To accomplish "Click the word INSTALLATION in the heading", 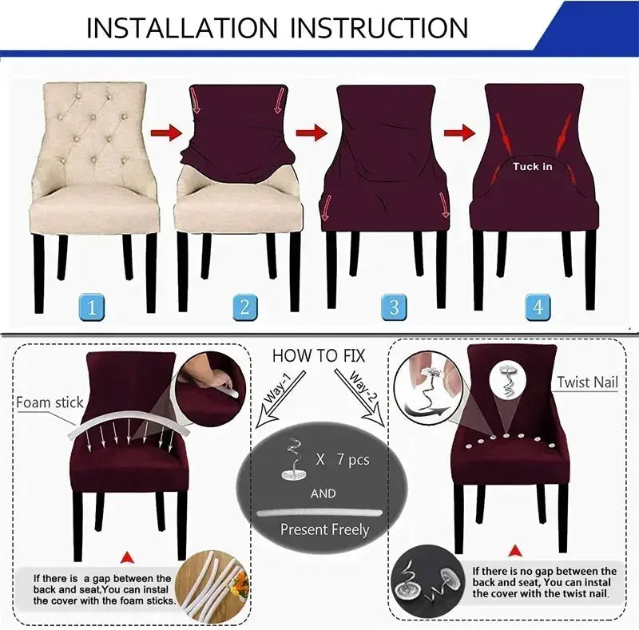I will pyautogui.click(x=181, y=28).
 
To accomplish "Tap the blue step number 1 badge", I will pyautogui.click(x=93, y=306).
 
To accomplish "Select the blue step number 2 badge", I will pyautogui.click(x=244, y=306).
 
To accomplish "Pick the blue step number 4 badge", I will pyautogui.click(x=537, y=306).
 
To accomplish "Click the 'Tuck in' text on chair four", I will pyautogui.click(x=531, y=166).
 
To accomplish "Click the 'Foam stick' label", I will pyautogui.click(x=50, y=402).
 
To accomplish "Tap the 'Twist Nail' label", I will pyautogui.click(x=587, y=382).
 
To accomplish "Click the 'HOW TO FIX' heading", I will pyautogui.click(x=319, y=355).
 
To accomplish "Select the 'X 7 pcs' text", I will pyautogui.click(x=343, y=460).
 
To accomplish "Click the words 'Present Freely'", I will pyautogui.click(x=324, y=529).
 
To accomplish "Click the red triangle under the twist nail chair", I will pyautogui.click(x=514, y=550).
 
